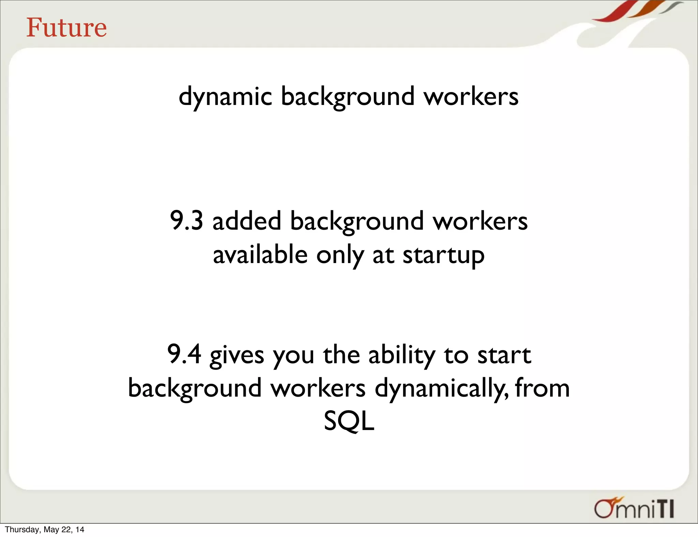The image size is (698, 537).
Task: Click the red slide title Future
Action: point(66,28)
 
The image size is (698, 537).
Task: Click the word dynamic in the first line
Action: point(225,97)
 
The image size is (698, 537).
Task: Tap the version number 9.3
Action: point(186,221)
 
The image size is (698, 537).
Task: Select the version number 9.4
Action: point(184,354)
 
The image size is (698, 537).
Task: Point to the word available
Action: point(260,255)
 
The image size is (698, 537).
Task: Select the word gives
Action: point(237,355)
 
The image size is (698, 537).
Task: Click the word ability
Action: point(401,355)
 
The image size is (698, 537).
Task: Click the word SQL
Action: point(349,421)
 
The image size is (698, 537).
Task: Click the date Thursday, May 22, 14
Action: point(44,530)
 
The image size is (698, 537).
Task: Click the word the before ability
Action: point(341,355)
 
